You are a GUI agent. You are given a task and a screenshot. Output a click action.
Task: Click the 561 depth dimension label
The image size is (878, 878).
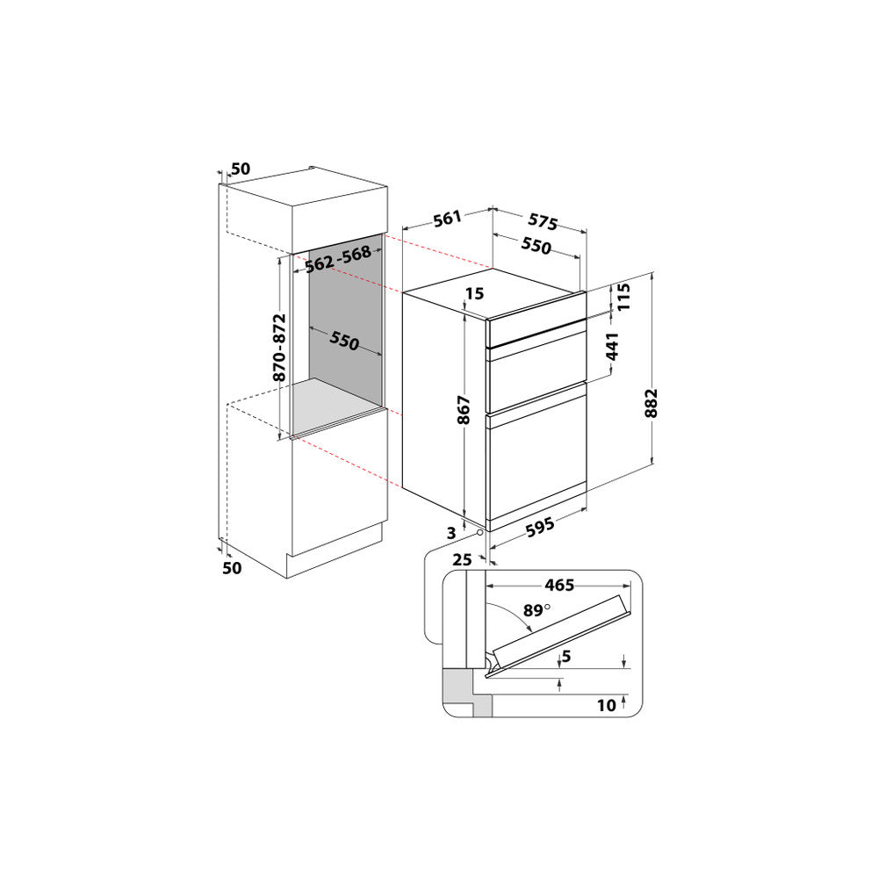click(x=447, y=219)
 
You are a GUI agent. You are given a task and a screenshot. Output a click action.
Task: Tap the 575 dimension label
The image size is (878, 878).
click(x=543, y=222)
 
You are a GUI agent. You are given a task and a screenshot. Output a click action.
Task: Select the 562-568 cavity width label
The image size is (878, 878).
click(x=338, y=259)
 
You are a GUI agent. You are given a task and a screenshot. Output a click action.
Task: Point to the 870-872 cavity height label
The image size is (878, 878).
click(x=279, y=347)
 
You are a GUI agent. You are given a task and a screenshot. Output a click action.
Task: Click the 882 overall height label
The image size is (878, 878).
click(x=651, y=403)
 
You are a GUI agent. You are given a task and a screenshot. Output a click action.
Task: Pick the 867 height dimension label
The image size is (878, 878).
click(x=464, y=410)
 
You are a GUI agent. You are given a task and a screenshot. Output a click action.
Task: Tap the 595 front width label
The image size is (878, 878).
click(x=540, y=527)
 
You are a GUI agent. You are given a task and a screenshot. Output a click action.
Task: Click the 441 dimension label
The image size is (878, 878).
click(x=613, y=347)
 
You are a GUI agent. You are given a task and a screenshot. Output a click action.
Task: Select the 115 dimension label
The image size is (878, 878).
click(x=623, y=297)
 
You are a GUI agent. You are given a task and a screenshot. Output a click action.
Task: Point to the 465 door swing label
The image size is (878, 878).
click(x=559, y=585)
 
